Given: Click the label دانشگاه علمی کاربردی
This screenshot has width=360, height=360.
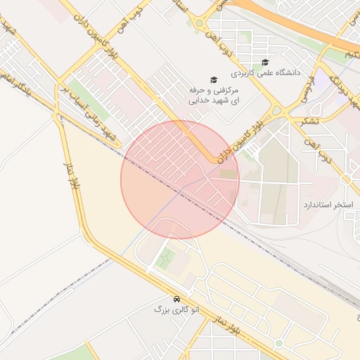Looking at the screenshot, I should click(x=270, y=72).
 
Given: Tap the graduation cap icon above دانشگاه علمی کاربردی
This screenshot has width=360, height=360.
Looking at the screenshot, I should click(x=264, y=62).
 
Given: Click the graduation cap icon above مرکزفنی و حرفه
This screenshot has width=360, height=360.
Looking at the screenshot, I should click(x=214, y=80).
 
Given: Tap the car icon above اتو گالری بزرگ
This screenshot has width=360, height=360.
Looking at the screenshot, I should click(x=175, y=298).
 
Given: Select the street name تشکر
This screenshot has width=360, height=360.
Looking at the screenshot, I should click(x=309, y=121).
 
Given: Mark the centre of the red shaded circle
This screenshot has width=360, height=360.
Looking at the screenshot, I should click(x=180, y=180).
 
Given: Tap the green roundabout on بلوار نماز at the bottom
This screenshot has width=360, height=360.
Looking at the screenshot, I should click(x=278, y=343).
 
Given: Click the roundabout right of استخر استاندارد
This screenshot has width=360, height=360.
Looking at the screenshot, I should click(x=345, y=180).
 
